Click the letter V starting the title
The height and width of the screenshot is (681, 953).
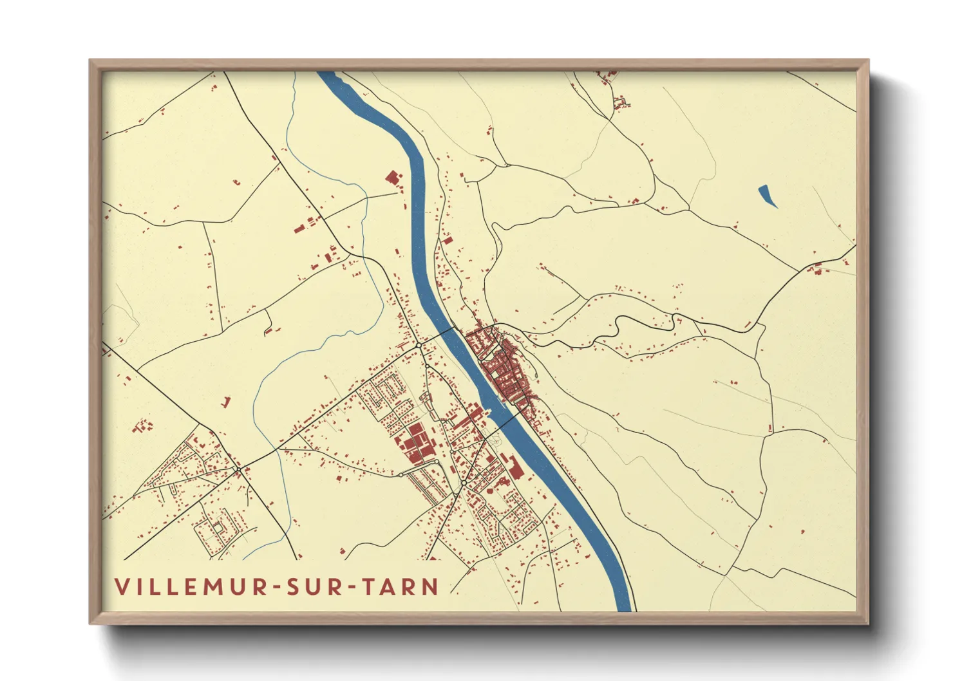click(120, 587)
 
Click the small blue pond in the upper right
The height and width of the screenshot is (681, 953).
click(767, 196)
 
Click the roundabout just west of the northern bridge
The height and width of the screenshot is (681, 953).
click(419, 346)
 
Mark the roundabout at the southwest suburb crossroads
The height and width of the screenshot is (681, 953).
click(238, 470)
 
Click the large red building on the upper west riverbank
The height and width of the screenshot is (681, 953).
click(392, 178)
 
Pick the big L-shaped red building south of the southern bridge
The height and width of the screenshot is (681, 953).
click(514, 467)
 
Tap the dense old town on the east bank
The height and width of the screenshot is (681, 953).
click(505, 370)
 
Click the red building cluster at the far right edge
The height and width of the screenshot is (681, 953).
click(818, 269)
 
